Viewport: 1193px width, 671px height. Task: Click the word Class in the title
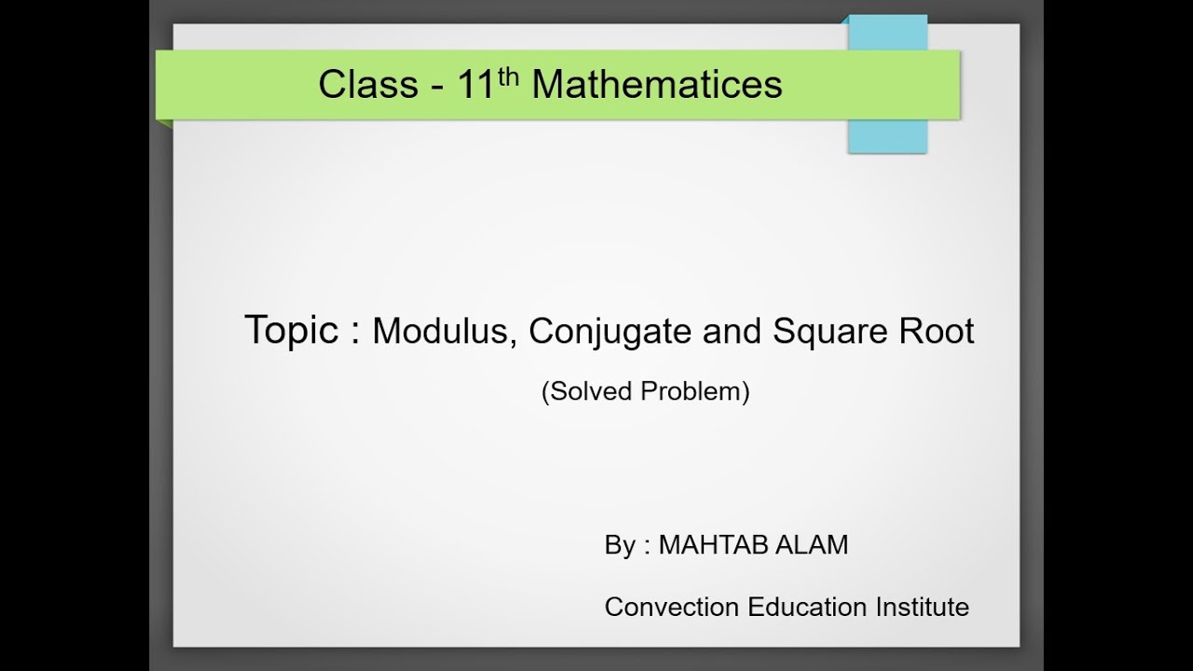point(368,85)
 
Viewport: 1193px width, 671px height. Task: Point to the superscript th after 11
point(508,75)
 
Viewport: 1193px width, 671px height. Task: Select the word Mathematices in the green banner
point(656,85)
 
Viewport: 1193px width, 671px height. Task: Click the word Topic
point(291,331)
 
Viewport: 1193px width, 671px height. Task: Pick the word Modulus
point(444,332)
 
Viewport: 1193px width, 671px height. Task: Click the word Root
point(938,332)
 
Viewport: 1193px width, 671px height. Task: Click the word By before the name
point(620,545)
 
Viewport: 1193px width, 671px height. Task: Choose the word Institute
point(922,607)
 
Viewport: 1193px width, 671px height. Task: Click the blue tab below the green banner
point(887,136)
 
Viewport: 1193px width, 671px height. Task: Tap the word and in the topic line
point(726,332)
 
